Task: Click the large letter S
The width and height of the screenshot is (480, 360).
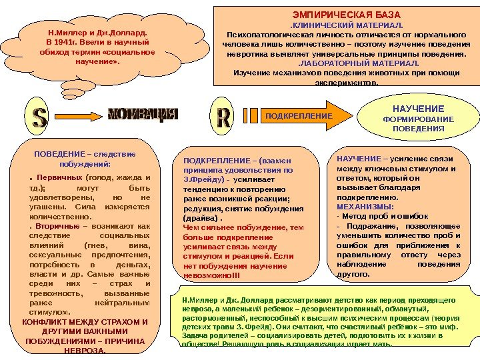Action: (39, 116)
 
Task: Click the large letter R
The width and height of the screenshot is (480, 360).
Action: (223, 116)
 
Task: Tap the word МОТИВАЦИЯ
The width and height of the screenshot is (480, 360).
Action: (143, 114)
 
